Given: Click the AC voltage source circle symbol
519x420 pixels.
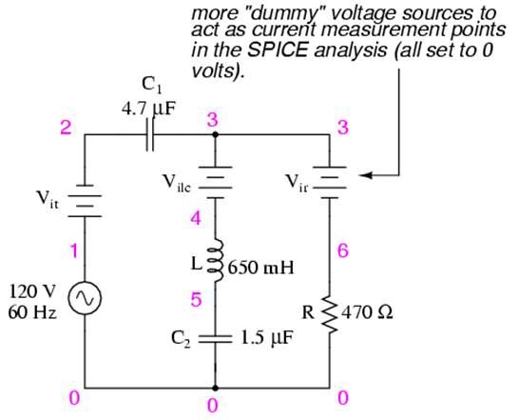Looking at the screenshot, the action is (85, 297).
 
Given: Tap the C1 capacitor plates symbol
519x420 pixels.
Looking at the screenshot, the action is (150, 134).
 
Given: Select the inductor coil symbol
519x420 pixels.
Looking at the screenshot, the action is (216, 260).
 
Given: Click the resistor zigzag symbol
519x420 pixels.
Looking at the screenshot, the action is (330, 312).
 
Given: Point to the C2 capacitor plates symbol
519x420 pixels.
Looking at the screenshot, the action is (215, 338).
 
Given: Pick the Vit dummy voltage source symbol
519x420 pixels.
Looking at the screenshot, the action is (85, 201).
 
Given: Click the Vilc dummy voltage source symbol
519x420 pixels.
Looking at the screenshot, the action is (215, 183).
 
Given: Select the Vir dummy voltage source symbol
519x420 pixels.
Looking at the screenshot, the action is (330, 183).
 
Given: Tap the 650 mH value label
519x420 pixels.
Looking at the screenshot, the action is (260, 268).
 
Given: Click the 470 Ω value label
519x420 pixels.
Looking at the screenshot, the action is (368, 312).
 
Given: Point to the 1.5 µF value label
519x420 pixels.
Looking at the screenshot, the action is (266, 339).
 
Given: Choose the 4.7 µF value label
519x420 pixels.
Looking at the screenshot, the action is (148, 109).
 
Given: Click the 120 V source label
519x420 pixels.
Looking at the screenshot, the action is (32, 291).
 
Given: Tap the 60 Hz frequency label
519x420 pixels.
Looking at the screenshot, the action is (32, 311).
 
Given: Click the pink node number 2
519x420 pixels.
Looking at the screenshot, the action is (66, 128).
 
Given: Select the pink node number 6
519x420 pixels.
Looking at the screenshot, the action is (343, 250).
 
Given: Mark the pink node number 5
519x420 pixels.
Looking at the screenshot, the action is (196, 300).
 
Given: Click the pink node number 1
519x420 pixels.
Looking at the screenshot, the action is (74, 250).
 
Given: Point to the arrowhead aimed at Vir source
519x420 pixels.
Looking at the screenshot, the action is (366, 175).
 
